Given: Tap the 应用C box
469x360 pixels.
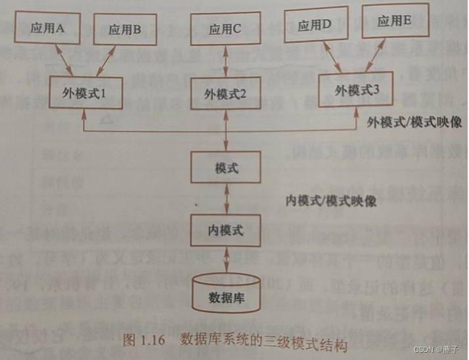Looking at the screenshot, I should (225, 29).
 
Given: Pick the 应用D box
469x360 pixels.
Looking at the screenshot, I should (314, 26).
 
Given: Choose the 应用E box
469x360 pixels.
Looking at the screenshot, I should (395, 21).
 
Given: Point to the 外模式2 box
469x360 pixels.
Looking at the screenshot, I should (225, 93).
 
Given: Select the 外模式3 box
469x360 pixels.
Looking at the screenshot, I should (357, 89).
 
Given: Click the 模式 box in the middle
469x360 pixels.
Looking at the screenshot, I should (225, 168).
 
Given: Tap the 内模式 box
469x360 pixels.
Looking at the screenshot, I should (225, 230).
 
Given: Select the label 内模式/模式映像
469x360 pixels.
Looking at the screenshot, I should (332, 200).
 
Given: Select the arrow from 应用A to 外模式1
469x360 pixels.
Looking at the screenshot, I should (64, 60).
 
